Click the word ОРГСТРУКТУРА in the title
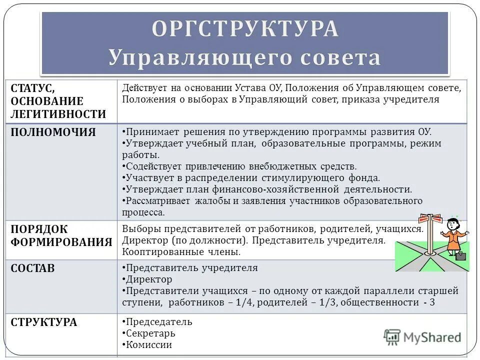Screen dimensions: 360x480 click(x=245, y=28)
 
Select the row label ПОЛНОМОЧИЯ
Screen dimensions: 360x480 click(x=53, y=132)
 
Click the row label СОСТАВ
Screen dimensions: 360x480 click(x=33, y=268)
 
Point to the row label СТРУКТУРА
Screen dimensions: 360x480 click(x=44, y=322)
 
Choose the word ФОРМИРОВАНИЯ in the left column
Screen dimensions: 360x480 click(x=61, y=242)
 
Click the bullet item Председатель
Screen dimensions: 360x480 click(x=159, y=322)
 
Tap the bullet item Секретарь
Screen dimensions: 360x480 click(x=150, y=333)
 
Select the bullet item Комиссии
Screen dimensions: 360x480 click(x=149, y=344)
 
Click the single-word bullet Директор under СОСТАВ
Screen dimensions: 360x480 click(x=149, y=279)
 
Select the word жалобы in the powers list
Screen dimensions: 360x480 click(x=221, y=201)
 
